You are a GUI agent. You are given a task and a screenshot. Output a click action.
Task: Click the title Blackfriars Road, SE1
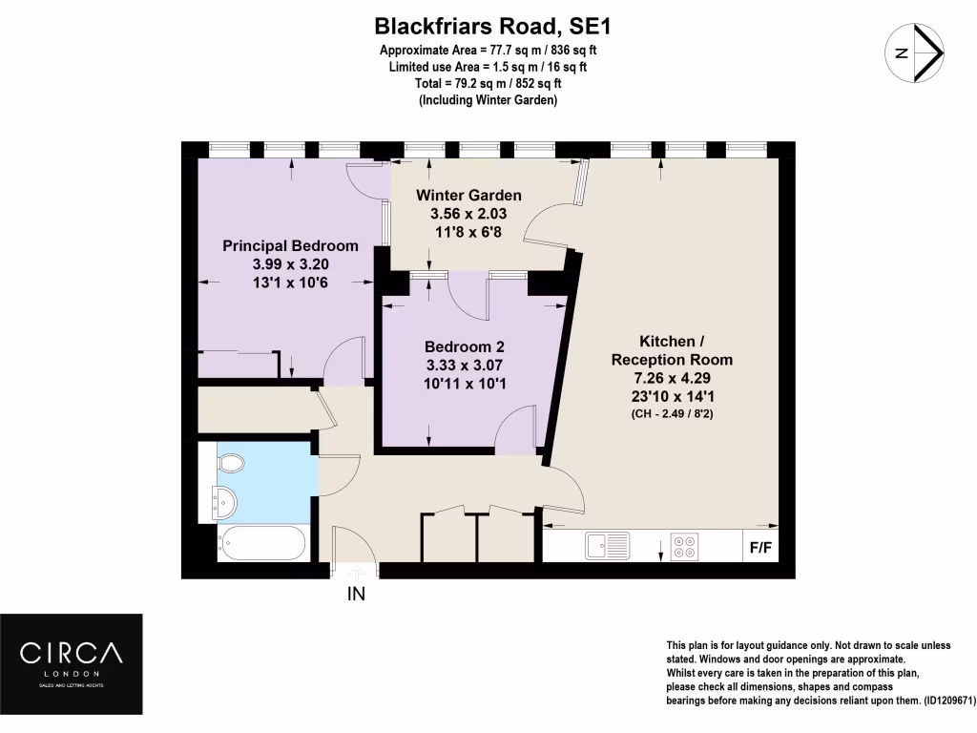[x=488, y=26]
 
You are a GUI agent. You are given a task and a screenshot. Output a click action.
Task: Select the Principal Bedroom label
[x=290, y=245]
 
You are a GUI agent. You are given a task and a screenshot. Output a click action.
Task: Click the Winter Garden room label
[x=468, y=196]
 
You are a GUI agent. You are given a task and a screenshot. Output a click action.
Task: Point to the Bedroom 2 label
[x=465, y=347]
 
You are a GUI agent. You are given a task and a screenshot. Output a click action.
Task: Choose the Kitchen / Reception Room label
[x=672, y=350]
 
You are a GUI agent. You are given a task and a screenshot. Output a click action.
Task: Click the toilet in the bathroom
[x=230, y=463]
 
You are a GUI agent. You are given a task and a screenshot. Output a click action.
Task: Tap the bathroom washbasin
[x=223, y=500]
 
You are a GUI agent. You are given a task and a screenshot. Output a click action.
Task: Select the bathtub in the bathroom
[x=261, y=543]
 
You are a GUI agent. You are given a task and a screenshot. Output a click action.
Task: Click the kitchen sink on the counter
[x=607, y=546]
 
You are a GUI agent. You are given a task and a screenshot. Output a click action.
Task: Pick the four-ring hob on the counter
[x=683, y=546]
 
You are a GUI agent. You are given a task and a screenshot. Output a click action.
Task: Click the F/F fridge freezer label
[x=761, y=549]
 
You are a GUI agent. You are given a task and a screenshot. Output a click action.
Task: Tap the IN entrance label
[x=356, y=594]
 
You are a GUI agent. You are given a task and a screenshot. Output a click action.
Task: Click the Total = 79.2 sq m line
[x=488, y=84]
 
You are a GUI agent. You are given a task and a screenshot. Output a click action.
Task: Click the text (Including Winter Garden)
[x=488, y=100]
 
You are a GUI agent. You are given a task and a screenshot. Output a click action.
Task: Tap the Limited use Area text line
[x=488, y=67]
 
